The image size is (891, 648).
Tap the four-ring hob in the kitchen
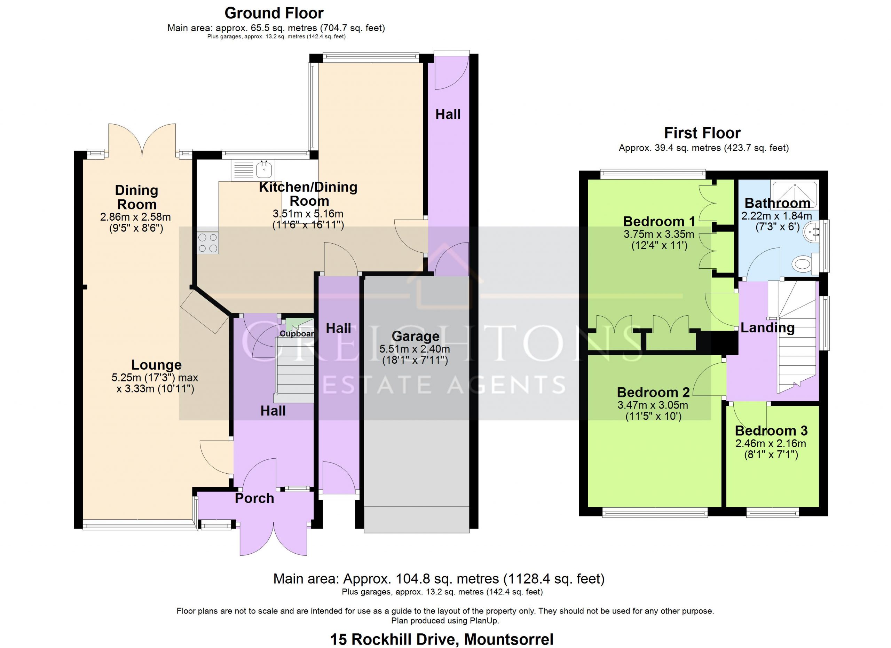point(208,243)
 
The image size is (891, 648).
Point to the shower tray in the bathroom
point(795,193)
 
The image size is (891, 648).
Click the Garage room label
point(416,336)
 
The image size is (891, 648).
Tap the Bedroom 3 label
point(771,431)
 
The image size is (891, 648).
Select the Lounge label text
point(156,365)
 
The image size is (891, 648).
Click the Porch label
point(254,498)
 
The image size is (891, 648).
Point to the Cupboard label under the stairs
point(297,334)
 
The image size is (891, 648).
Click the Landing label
point(768,327)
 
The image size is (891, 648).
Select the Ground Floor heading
point(274,13)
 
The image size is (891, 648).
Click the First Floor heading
point(702,133)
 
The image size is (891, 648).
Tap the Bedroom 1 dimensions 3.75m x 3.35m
point(659,235)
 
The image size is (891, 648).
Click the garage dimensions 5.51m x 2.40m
point(415,349)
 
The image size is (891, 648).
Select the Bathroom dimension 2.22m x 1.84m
point(777,216)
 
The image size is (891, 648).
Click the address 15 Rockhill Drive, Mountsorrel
point(442,639)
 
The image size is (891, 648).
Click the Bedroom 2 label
point(653,392)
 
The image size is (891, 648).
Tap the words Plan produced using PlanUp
point(445,621)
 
